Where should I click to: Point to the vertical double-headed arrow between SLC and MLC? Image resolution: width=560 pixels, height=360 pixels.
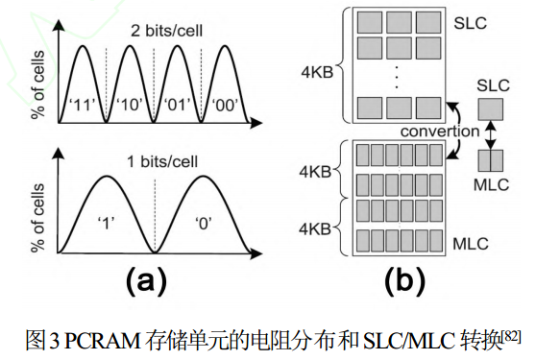coord(490,131)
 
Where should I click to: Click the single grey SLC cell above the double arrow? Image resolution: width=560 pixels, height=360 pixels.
coord(490,108)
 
